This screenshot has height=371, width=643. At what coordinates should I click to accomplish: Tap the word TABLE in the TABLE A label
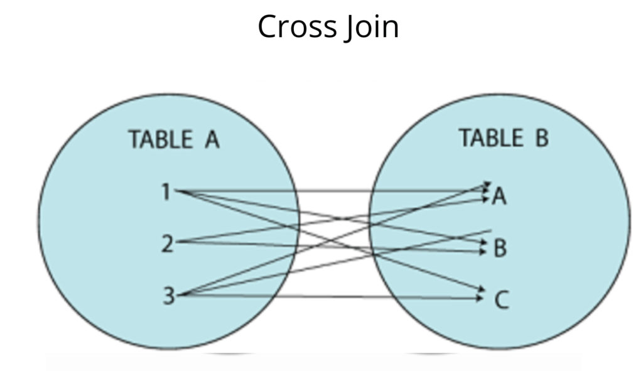pyautogui.click(x=160, y=139)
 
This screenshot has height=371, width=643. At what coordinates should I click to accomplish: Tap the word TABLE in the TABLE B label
pyautogui.click(x=491, y=137)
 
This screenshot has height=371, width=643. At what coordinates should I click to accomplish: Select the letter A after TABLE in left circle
pyautogui.click(x=212, y=139)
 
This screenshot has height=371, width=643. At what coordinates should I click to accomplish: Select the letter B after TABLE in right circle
pyautogui.click(x=541, y=137)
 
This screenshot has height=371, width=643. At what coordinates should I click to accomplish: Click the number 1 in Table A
pyautogui.click(x=166, y=192)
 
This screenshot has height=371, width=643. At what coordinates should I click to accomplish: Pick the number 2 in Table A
pyautogui.click(x=166, y=243)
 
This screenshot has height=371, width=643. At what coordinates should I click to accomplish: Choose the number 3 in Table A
pyautogui.click(x=168, y=295)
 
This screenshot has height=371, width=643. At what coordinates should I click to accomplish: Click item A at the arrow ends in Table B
pyautogui.click(x=499, y=196)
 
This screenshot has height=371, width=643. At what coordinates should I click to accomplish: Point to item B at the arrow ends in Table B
pyautogui.click(x=500, y=249)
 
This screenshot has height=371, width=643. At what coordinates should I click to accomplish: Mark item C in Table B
pyautogui.click(x=501, y=301)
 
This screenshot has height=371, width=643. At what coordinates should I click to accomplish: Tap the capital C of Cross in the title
pyautogui.click(x=268, y=27)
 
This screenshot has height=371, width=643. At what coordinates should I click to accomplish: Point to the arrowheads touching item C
pyautogui.click(x=482, y=293)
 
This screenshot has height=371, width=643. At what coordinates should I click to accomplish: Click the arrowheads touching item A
pyautogui.click(x=487, y=191)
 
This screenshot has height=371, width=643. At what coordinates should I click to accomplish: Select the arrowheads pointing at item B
pyautogui.click(x=483, y=247)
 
